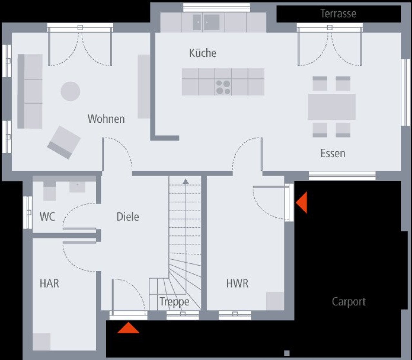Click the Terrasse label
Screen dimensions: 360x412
click(338, 14)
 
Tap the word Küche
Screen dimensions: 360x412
click(202, 53)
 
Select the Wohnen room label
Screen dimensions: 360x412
click(106, 119)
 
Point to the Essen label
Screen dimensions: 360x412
click(332, 153)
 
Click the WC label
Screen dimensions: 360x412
click(47, 217)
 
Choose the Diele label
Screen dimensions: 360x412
click(127, 217)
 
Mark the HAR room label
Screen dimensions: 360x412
click(49, 284)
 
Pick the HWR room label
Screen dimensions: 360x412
click(237, 284)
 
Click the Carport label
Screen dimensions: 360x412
click(349, 302)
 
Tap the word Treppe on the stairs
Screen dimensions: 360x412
click(174, 302)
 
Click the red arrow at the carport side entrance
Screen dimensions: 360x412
click(302, 203)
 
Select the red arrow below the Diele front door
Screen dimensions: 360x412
click(128, 328)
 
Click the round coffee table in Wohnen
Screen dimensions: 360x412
click(70, 91)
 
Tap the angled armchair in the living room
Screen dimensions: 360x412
click(64, 142)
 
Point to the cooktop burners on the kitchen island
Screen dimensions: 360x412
click(223, 87)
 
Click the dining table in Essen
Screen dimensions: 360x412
click(332, 107)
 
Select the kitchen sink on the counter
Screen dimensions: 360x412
click(206, 22)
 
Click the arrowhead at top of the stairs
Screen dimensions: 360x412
click(185, 181)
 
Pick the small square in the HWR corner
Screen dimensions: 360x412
click(275, 301)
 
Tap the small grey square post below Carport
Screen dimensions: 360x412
click(287, 353)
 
